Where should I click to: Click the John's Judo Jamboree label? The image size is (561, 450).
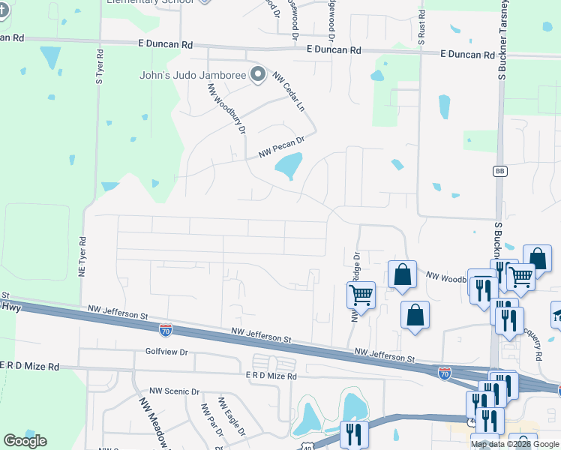(193, 74)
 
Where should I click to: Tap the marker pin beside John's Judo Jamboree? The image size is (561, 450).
(259, 74)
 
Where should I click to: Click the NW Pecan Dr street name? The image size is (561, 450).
(282, 145)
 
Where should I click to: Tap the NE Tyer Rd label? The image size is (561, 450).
(82, 256)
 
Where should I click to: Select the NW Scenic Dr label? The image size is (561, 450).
(174, 391)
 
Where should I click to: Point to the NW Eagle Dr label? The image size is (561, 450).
(231, 416)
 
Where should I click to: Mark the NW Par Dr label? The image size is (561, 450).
(208, 421)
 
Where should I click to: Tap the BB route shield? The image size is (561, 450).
(499, 171)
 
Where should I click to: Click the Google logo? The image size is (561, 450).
(25, 441)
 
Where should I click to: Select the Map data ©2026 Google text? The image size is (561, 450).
(514, 444)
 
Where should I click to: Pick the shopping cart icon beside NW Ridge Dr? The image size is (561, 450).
(361, 295)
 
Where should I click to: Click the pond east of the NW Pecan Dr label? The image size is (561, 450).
(288, 166)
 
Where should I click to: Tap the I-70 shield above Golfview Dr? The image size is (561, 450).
(166, 329)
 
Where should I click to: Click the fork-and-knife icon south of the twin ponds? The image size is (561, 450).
(350, 433)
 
